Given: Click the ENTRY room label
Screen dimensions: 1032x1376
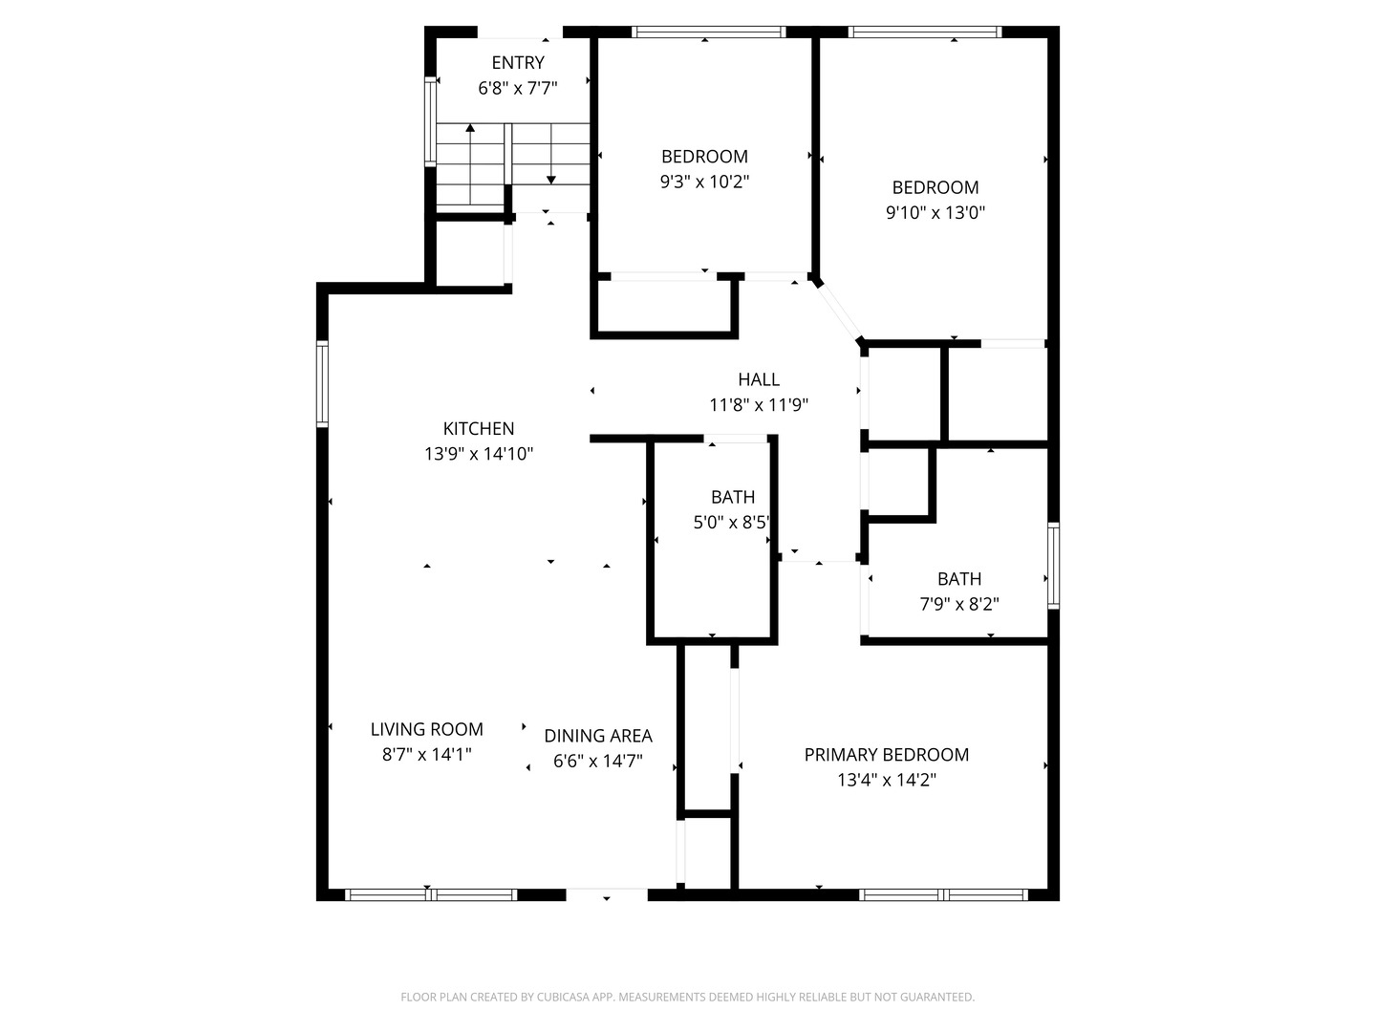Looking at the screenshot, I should click(x=518, y=63).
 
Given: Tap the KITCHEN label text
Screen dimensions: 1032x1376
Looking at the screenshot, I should click(x=479, y=429).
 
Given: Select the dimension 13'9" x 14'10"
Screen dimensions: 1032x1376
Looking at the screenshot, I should click(x=479, y=454).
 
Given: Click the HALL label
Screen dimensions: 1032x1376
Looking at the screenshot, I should click(x=759, y=379).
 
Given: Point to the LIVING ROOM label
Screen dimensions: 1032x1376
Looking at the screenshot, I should click(x=427, y=729).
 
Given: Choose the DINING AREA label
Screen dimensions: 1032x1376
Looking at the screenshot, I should click(x=598, y=736).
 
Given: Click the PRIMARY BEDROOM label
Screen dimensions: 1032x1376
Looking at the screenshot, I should click(x=887, y=755).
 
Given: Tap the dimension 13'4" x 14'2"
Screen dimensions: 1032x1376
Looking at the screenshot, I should click(x=887, y=780).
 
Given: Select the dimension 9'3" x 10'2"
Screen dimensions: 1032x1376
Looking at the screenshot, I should click(x=704, y=182).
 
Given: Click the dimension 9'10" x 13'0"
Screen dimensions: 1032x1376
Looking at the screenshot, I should click(x=935, y=213).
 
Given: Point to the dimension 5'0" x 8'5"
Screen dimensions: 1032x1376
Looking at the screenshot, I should click(x=732, y=523).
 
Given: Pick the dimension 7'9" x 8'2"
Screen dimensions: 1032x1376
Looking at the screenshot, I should click(x=958, y=604).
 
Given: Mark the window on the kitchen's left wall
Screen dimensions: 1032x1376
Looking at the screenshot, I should click(x=323, y=383).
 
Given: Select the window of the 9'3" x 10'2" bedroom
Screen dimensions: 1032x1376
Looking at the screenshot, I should click(x=708, y=32).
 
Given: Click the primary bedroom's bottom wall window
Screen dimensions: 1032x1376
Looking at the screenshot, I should click(x=943, y=895).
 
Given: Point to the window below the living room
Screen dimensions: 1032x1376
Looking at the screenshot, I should click(x=431, y=895).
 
